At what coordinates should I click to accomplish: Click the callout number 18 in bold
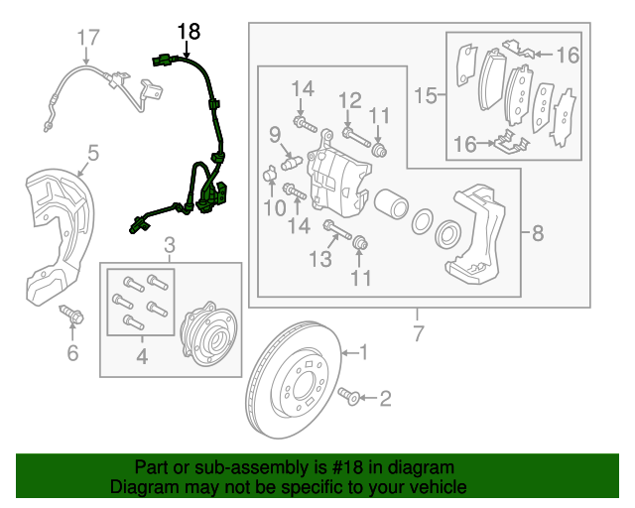188,32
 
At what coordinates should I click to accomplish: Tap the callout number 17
89,38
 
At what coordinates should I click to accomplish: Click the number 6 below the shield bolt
71,353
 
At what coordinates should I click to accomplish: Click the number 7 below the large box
418,333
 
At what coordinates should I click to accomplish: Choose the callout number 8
537,234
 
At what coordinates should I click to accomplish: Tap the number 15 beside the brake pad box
425,95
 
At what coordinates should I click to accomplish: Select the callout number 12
349,99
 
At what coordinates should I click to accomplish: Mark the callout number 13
318,260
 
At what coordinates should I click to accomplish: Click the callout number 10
272,206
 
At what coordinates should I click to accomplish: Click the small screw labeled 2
348,398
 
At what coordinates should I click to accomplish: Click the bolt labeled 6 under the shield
72,316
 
